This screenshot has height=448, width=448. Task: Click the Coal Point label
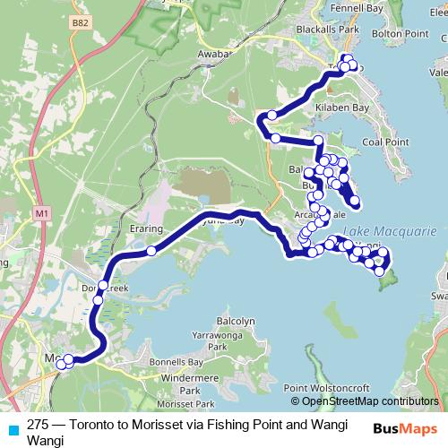385,141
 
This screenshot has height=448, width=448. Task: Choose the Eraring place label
145,228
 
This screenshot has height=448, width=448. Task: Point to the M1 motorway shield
42,215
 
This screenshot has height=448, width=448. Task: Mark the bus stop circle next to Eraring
151,252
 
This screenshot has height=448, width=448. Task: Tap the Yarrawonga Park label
211,340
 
